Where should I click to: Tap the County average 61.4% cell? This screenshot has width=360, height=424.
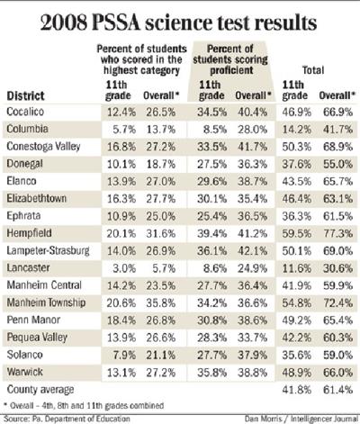pos(337,389)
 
